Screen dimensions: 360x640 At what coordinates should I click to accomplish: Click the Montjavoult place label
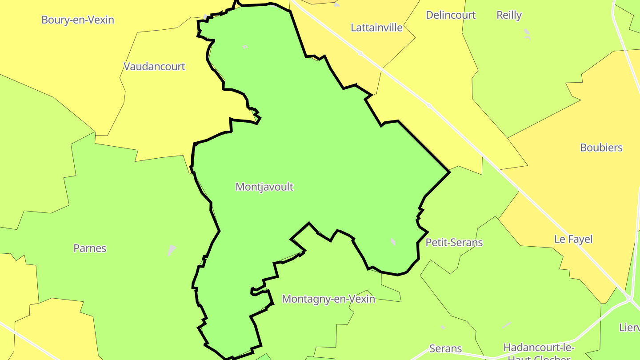point(264,187)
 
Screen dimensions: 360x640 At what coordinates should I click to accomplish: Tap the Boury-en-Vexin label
point(78,20)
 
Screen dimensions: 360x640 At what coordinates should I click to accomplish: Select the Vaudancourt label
point(154,67)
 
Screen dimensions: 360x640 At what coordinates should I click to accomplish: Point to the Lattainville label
point(376,28)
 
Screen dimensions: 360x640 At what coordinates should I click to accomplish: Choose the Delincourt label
point(451,15)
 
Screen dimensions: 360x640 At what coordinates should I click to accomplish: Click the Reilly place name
point(509,15)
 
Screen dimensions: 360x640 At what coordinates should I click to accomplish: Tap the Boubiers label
point(601,148)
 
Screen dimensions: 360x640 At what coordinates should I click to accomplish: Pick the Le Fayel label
point(573,239)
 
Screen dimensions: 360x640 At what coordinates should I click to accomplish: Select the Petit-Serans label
point(454,243)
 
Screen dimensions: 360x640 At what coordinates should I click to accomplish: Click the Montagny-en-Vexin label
point(328,299)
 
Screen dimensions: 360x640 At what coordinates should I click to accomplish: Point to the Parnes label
point(90,248)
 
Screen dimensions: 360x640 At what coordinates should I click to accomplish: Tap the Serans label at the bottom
point(446,348)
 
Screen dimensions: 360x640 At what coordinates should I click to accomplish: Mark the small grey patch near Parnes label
point(172,250)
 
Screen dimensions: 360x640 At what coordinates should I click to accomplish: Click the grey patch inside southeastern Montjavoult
point(393,242)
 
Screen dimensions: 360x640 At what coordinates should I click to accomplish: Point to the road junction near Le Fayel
point(630,299)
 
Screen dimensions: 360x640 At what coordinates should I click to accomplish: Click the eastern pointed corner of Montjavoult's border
point(450,172)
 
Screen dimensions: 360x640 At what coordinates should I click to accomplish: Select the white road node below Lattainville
point(360,53)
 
